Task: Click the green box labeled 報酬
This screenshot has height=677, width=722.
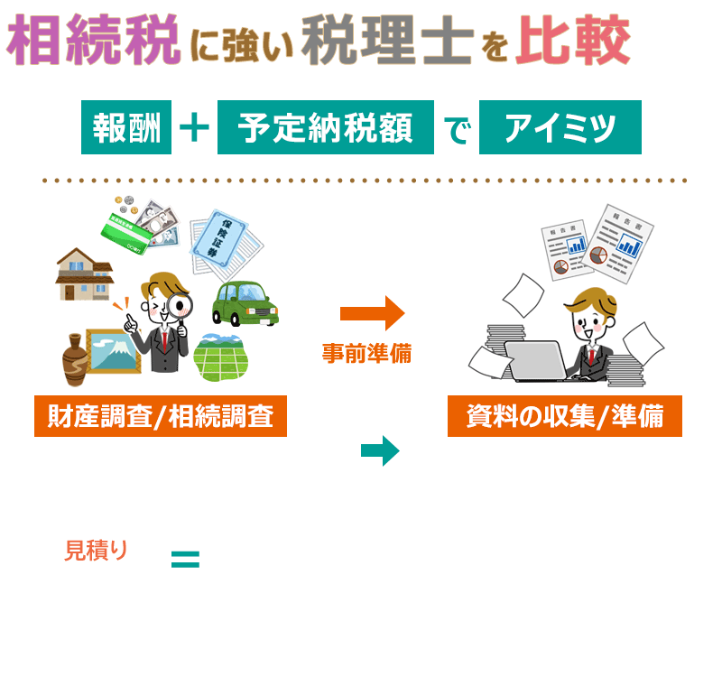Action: tap(126, 128)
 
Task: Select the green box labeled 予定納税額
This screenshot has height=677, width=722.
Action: tap(325, 128)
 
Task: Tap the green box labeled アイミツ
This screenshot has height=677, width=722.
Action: tap(560, 128)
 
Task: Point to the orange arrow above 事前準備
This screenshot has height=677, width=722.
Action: tap(372, 313)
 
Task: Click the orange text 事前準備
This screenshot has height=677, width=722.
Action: tap(366, 354)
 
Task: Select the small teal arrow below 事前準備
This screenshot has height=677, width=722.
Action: tap(380, 450)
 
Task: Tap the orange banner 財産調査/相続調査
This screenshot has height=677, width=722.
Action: tap(161, 417)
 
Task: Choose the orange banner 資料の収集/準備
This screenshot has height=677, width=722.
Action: tap(565, 417)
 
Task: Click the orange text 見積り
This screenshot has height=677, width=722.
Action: tap(97, 550)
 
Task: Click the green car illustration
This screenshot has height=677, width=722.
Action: tap(245, 303)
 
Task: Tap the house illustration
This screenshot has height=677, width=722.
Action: tap(85, 273)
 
